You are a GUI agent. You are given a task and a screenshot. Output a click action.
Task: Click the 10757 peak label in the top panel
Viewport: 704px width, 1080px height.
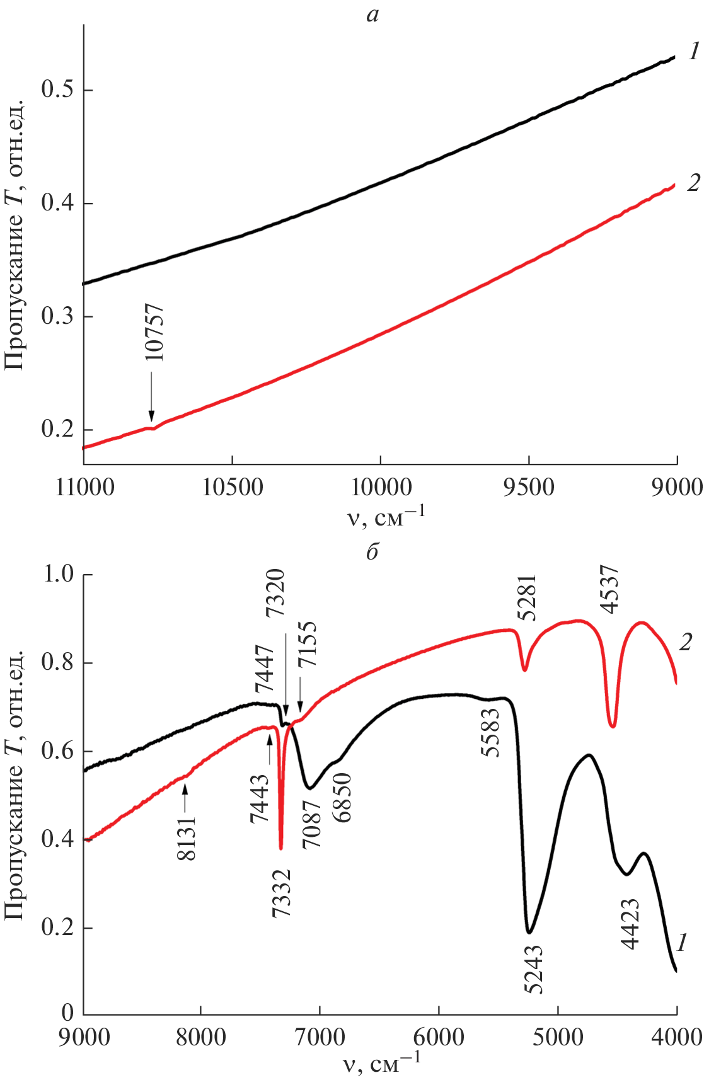coord(154,332)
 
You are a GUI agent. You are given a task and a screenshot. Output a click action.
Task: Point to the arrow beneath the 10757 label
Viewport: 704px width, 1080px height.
coord(151,396)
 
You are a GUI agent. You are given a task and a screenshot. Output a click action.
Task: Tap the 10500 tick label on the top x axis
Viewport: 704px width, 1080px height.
coord(232,487)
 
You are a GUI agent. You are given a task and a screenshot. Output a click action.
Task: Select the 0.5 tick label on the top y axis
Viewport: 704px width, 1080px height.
coord(57,89)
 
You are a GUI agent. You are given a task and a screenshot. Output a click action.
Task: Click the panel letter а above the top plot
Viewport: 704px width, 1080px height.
coord(372,14)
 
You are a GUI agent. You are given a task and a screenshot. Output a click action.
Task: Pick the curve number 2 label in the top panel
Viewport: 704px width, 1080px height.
coord(693,183)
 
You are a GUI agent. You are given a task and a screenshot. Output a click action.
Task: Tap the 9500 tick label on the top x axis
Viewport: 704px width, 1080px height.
coord(529,487)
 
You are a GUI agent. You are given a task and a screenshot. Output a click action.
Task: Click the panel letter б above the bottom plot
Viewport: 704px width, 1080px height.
coord(372,552)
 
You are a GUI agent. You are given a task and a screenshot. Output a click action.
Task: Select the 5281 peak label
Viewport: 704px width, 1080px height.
coord(526,597)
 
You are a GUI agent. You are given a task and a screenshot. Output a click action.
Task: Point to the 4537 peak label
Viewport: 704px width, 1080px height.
coord(609,590)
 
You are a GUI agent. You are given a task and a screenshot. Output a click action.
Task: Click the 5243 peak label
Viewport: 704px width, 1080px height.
coord(533,969)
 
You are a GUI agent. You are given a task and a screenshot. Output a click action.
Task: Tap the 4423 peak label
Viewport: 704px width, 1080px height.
coord(630,924)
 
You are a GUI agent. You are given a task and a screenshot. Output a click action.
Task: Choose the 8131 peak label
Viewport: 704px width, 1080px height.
coord(187,838)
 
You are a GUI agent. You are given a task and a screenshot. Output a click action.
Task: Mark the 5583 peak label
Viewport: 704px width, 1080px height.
coord(490,733)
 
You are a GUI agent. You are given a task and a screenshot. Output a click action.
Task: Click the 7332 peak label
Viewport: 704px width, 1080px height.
coord(281,893)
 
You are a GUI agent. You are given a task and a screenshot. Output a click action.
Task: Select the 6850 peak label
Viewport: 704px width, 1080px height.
coord(343,798)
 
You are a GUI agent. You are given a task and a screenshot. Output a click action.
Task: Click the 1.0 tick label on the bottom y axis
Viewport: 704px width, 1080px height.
coord(57,574)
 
